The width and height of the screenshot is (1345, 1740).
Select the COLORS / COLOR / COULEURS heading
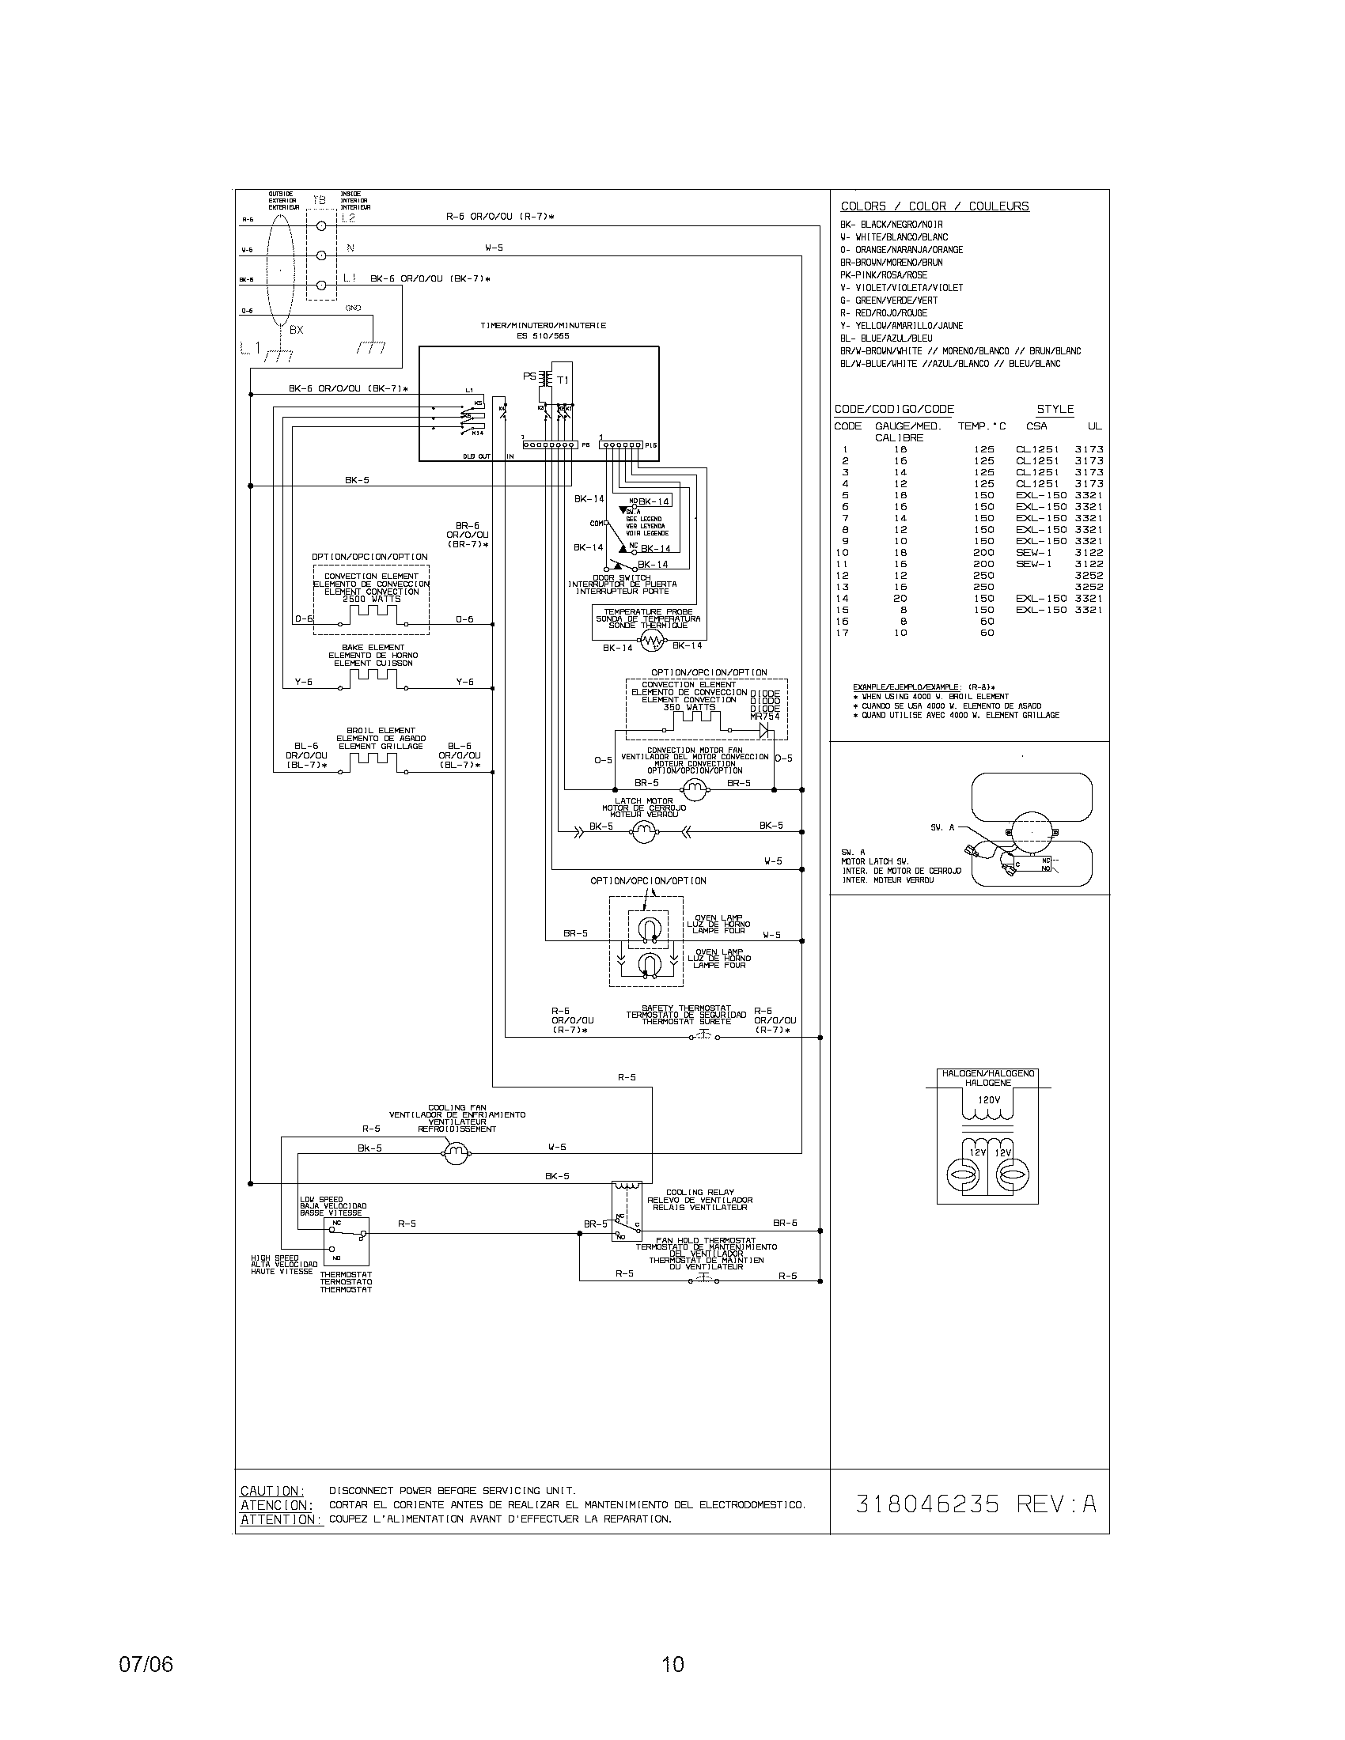[x=934, y=206]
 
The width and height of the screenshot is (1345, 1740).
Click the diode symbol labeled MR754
[x=767, y=728]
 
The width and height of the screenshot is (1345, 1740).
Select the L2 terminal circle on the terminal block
[x=322, y=227]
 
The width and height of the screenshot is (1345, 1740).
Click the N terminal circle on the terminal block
[x=322, y=255]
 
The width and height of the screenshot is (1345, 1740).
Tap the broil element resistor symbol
[x=373, y=762]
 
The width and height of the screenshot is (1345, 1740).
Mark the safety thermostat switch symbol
[x=704, y=1037]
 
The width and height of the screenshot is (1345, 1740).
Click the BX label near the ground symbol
[x=296, y=330]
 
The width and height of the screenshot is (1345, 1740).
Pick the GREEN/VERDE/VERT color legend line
[x=888, y=301]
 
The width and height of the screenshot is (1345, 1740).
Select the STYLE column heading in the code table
[x=1055, y=410]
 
